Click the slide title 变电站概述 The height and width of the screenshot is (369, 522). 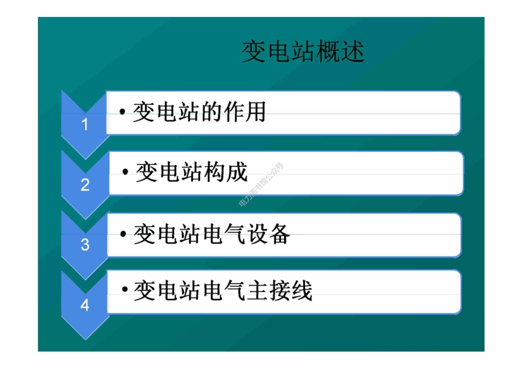(303, 53)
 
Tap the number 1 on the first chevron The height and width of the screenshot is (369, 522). (85, 125)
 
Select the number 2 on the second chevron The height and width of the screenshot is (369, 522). (85, 185)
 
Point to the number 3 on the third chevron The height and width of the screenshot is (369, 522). (85, 244)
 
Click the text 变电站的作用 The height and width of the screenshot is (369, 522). (199, 112)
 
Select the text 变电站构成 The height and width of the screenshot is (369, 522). (192, 172)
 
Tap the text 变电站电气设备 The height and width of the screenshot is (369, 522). (212, 234)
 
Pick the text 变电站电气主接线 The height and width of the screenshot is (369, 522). (223, 290)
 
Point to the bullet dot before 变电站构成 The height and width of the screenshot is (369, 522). (126, 174)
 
